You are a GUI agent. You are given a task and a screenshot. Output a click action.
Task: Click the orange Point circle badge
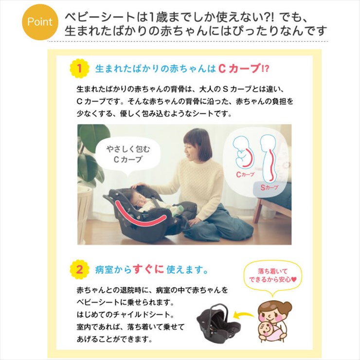[x=40, y=22]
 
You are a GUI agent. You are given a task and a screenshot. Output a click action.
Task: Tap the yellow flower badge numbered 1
[x=79, y=69]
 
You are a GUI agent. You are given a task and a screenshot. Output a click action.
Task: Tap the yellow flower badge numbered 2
[x=79, y=270]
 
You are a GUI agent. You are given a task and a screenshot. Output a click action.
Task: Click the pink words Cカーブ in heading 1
[x=239, y=69]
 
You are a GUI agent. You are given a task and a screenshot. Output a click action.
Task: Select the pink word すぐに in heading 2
[x=148, y=270]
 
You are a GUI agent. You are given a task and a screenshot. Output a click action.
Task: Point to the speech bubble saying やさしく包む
[x=127, y=154]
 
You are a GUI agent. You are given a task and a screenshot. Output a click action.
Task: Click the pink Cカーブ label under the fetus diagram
[x=246, y=175]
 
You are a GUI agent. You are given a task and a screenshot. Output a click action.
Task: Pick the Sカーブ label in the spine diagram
[x=270, y=188]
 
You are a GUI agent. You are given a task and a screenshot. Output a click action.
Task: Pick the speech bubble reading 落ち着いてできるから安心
[x=272, y=275]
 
